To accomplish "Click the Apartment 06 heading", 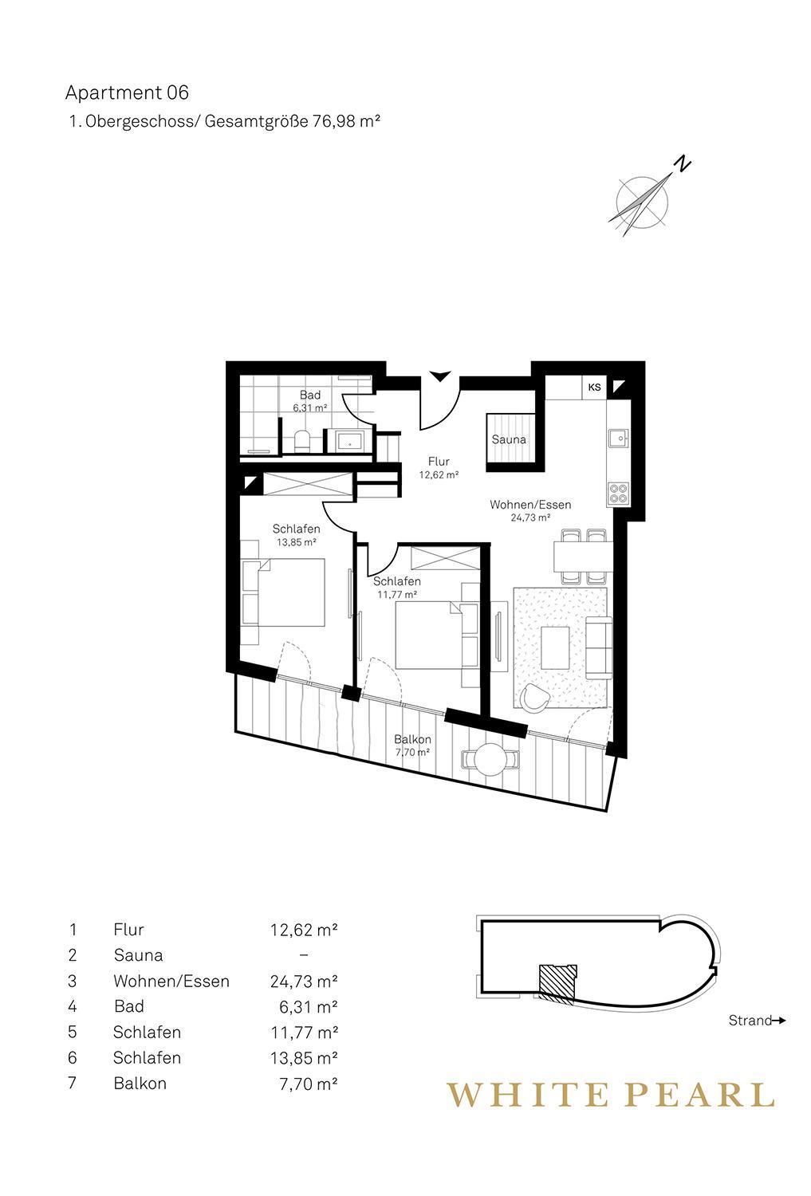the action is pos(127,93).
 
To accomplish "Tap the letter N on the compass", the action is pos(683,163).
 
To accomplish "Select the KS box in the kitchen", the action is pos(594,387).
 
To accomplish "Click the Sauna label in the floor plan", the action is pos(509,439).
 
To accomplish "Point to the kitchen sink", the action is pos(618,439).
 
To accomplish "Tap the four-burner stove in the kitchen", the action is pos(618,493).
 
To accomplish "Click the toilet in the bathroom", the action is pos(301,441).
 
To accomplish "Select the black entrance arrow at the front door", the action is pos(440,376).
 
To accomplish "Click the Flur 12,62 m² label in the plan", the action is pos(439,467).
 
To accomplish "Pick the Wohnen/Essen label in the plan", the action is pos(530,510).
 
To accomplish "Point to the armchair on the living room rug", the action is pos(535,698).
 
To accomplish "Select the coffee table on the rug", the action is pos(555,647).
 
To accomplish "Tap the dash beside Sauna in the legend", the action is pos(304,955).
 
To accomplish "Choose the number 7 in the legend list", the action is pos(73,1083).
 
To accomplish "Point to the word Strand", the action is pos(750,1021).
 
